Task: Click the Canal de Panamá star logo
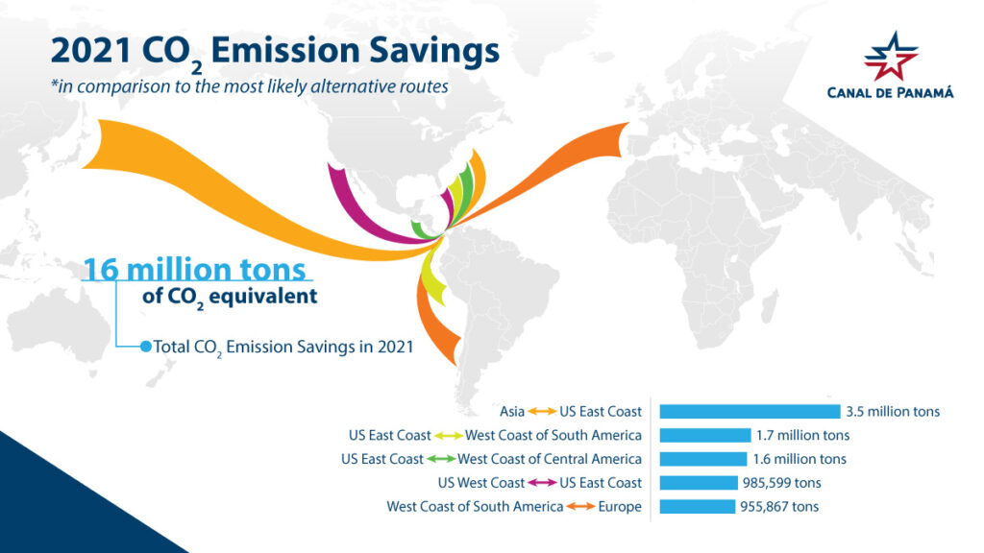pos(890,57)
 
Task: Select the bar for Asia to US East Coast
pos(750,412)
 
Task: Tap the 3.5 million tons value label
pos(892,412)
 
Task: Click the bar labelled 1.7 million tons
pos(704,436)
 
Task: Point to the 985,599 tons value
pos(780,483)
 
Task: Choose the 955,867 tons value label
pos(778,506)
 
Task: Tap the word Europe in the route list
pos(620,506)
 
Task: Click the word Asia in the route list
pos(512,412)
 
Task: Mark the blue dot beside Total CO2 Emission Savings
pos(146,347)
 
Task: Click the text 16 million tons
pos(194,269)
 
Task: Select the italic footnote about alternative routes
pos(250,85)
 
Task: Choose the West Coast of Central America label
pos(550,459)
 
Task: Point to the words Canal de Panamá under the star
pos(890,93)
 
